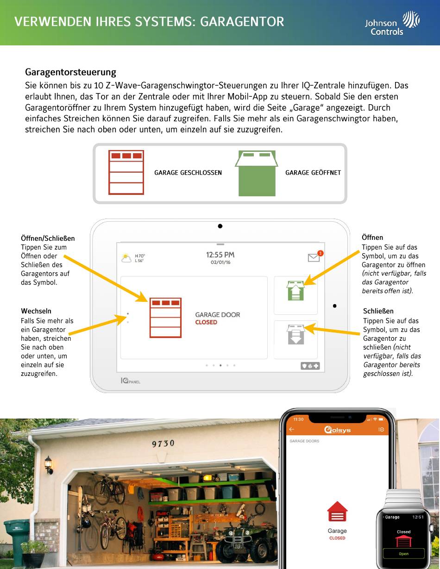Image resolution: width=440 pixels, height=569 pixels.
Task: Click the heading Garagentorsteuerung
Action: (x=70, y=72)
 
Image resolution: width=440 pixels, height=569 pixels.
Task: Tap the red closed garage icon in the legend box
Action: (x=126, y=172)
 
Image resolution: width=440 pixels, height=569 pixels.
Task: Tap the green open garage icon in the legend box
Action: (x=256, y=173)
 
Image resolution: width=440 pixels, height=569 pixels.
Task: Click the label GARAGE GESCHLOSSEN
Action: (x=188, y=173)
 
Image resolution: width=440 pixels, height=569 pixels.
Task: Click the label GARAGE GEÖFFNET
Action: (x=313, y=173)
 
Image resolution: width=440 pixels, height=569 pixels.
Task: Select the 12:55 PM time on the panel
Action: (x=220, y=255)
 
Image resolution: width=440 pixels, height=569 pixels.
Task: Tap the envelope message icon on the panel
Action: (x=314, y=257)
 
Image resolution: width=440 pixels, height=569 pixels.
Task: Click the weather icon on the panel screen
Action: (x=126, y=258)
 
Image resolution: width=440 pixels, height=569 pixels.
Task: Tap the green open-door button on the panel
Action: (x=295, y=291)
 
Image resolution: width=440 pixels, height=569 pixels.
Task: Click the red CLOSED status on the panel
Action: (x=206, y=322)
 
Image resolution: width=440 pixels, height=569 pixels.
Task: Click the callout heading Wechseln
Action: (x=36, y=311)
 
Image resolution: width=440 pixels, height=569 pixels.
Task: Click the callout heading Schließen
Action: (x=378, y=311)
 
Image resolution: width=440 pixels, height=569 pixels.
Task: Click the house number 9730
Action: (x=163, y=444)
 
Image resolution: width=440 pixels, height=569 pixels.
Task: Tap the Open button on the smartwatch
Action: (x=403, y=554)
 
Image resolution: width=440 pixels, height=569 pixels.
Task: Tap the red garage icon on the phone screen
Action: (x=337, y=511)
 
